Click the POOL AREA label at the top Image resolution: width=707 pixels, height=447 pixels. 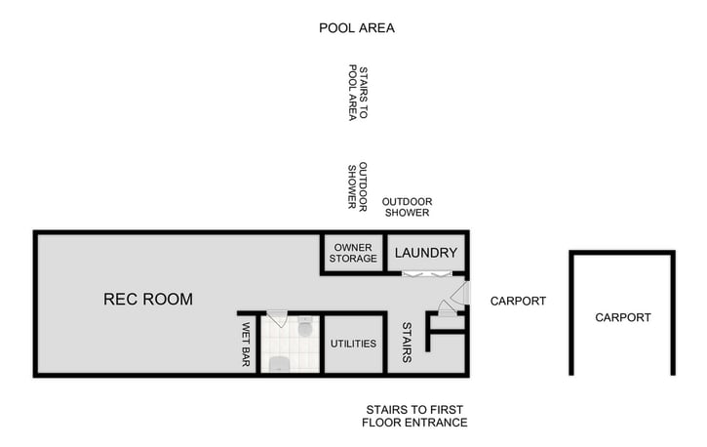point(357,27)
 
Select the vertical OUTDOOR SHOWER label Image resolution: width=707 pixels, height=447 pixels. point(357,185)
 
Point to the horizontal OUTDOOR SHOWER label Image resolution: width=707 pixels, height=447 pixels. point(407,207)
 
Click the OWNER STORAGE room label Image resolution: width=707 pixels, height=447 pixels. point(353,253)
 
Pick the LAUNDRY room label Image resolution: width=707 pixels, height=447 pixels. point(425,253)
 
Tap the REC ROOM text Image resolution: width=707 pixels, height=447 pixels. point(148,299)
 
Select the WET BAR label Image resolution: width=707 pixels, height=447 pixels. point(246,345)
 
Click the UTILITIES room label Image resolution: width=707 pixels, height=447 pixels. point(353,345)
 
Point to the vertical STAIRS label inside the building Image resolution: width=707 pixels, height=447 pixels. point(406,343)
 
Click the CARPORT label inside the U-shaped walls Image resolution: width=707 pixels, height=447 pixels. point(622,317)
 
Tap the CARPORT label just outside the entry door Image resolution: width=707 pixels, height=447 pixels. point(518,301)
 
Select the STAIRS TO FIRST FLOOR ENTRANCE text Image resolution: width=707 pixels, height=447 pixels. point(414,416)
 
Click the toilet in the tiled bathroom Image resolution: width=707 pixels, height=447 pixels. point(305,329)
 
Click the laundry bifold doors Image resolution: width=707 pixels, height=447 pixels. point(425,273)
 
